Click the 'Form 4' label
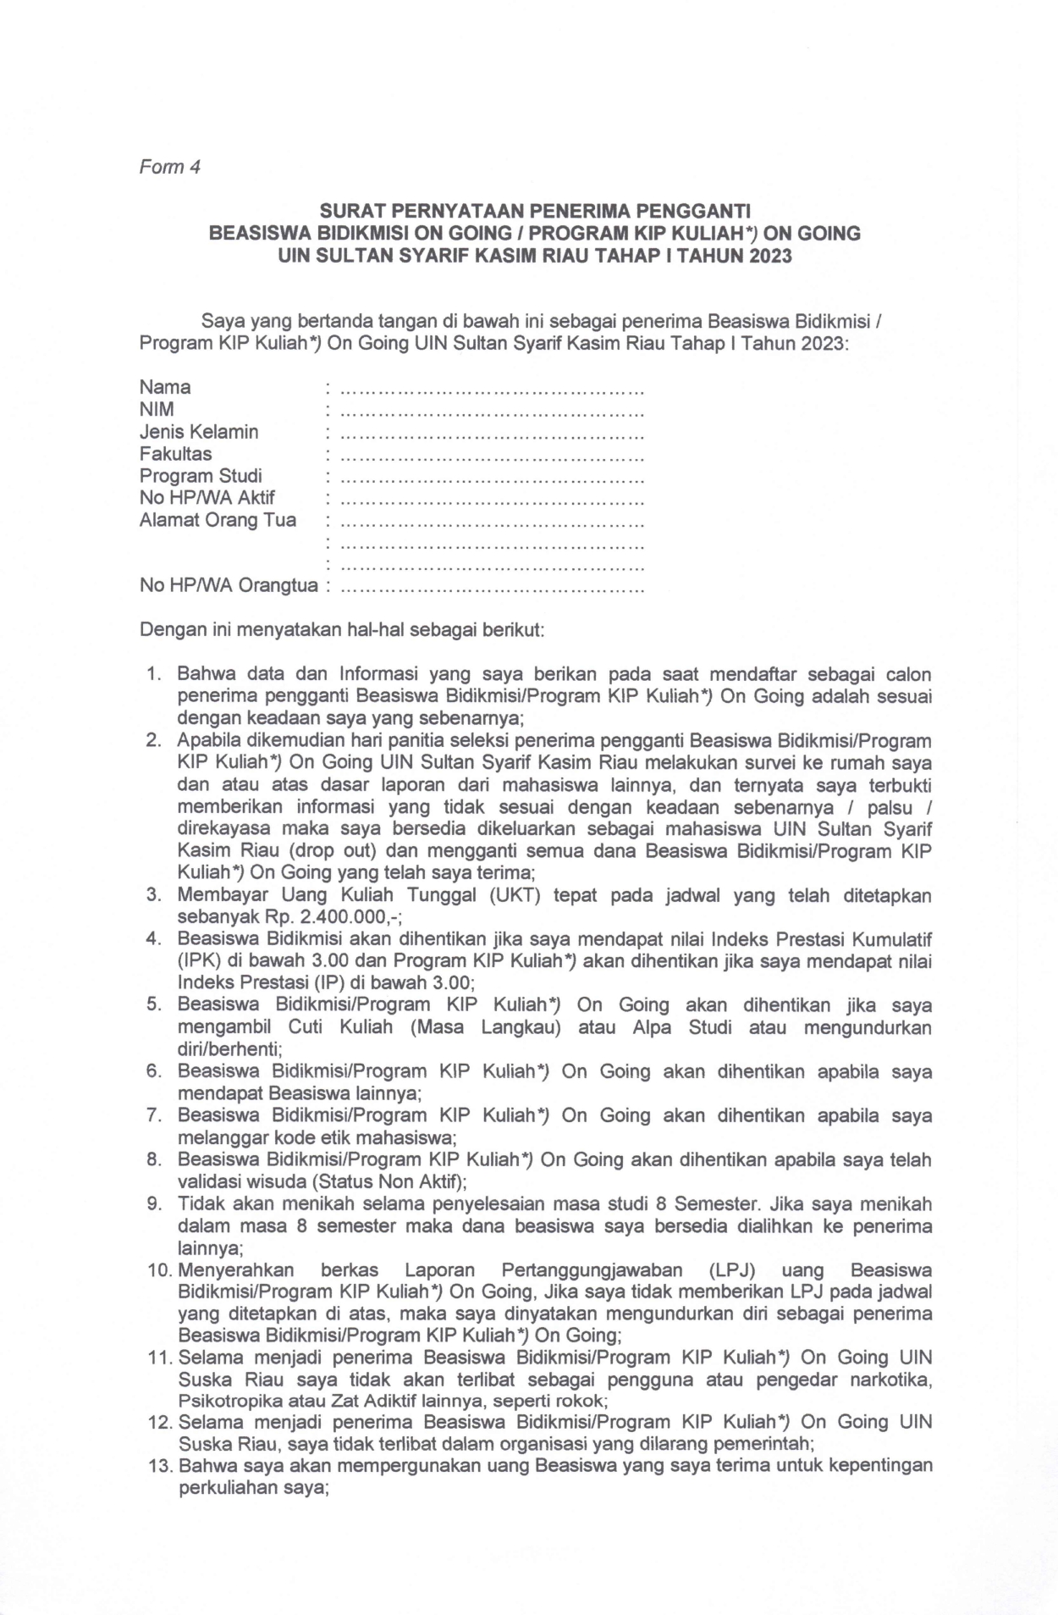(169, 167)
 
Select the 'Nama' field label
(165, 387)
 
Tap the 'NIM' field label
(157, 409)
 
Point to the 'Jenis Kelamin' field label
(199, 432)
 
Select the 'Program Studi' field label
(201, 476)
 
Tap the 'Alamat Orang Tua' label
(218, 520)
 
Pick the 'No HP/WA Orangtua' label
(229, 585)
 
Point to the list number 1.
(153, 675)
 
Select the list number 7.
(153, 1115)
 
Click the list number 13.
(160, 1465)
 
